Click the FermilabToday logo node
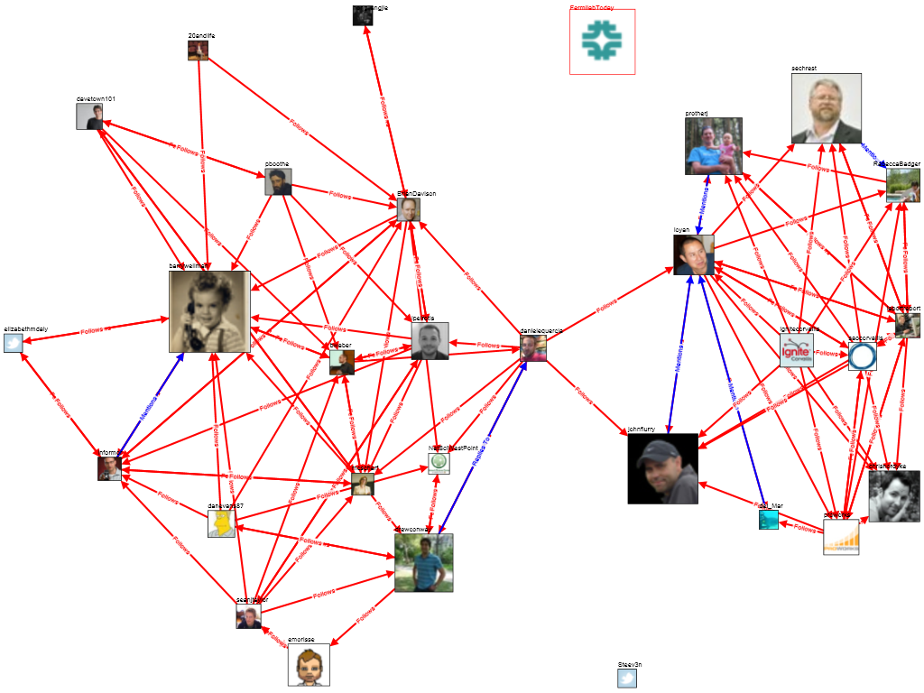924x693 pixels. (x=602, y=42)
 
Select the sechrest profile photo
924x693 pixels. (x=826, y=108)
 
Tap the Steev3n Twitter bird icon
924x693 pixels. (x=627, y=678)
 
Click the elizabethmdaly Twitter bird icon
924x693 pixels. (x=13, y=343)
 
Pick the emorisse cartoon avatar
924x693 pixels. (x=309, y=664)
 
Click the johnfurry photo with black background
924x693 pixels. (x=662, y=468)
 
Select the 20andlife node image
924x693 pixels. (x=199, y=51)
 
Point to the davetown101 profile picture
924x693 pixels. (x=89, y=116)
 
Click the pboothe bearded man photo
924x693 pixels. (x=278, y=181)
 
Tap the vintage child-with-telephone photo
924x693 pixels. (x=209, y=311)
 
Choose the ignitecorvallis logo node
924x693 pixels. (x=798, y=350)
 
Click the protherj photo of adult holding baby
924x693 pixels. (x=713, y=145)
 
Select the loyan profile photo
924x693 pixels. (x=693, y=254)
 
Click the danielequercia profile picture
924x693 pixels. (x=533, y=348)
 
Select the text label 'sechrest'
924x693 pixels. (x=803, y=69)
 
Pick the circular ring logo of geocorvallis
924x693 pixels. (x=862, y=356)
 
